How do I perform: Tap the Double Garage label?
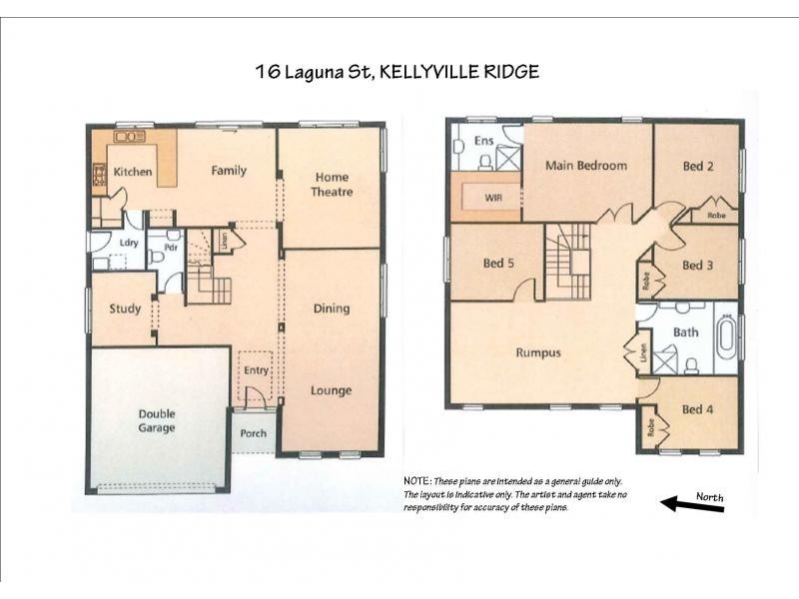point(157,420)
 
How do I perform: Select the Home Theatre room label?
point(331,185)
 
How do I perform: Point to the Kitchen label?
point(132,172)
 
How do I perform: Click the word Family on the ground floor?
point(229,171)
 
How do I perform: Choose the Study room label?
point(125,309)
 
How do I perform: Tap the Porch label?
point(253,433)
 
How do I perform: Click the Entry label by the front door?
point(257,370)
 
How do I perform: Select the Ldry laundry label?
point(128,243)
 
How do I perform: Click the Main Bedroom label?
point(585,166)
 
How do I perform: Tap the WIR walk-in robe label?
point(492,198)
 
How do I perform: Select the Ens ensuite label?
point(483,141)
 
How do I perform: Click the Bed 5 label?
point(498,264)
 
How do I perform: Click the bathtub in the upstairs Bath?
point(725,338)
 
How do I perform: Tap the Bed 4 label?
point(697,409)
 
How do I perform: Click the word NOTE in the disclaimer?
point(416,482)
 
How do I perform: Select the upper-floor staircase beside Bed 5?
point(567,262)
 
